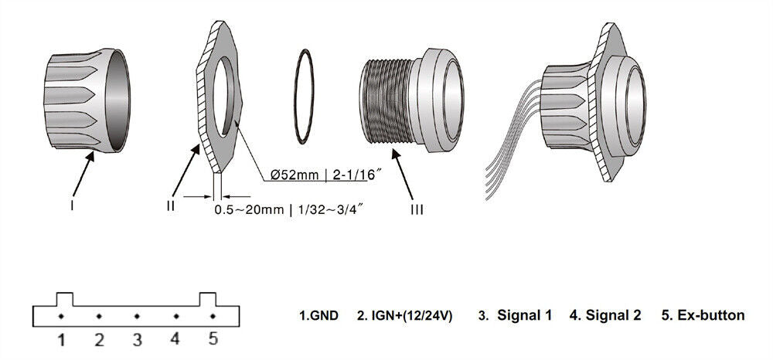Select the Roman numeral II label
171,205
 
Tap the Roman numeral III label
417,210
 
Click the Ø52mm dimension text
295,175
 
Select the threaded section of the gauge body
387,101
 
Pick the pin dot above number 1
61,316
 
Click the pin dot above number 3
137,316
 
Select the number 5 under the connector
213,339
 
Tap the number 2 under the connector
99,340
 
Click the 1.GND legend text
319,316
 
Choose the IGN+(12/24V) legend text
404,316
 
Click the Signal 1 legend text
515,315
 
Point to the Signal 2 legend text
605,315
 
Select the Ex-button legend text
703,315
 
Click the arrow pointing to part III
404,174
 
